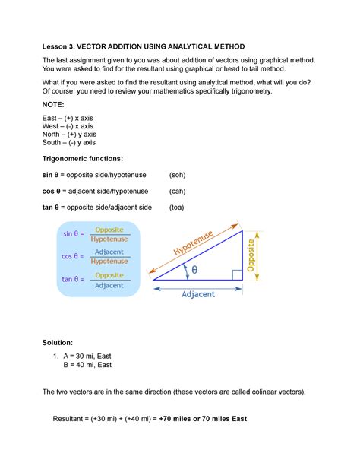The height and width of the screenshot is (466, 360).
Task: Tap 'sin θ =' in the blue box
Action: pos(73,236)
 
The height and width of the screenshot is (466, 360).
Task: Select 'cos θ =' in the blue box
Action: pos(73,256)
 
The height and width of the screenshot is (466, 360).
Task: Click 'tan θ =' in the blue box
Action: pos(73,279)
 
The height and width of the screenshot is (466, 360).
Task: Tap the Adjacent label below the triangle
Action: pos(198,293)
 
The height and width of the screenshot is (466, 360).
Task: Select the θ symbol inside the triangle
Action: pos(194,270)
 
